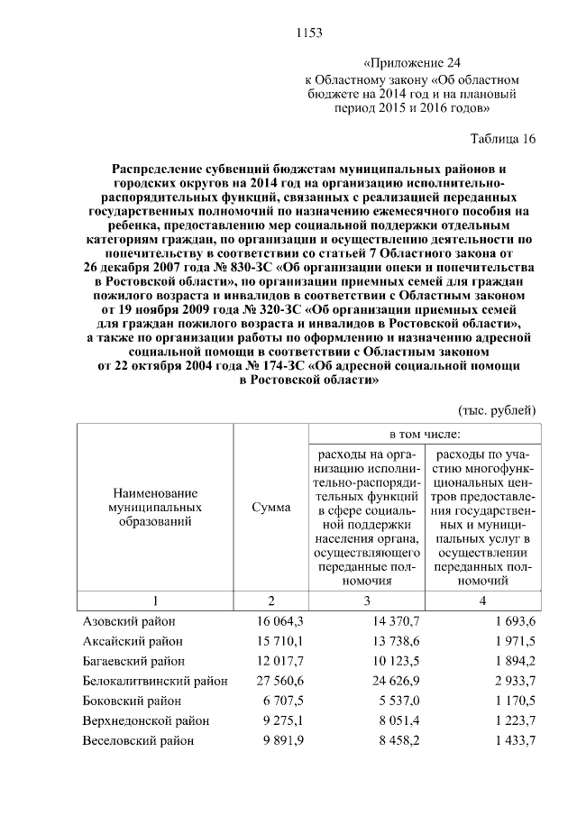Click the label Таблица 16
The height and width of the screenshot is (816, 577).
click(x=503, y=139)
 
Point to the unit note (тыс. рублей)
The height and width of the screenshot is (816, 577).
click(x=498, y=410)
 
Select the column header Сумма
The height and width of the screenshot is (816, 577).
click(x=272, y=508)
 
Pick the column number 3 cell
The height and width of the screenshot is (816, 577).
click(x=366, y=601)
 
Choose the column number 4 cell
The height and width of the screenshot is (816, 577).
click(x=482, y=601)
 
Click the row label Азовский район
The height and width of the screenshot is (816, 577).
click(x=129, y=621)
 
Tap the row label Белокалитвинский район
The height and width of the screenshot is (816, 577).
click(x=155, y=681)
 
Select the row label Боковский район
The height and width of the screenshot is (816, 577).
click(x=132, y=701)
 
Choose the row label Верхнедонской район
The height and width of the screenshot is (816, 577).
click(x=146, y=720)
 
